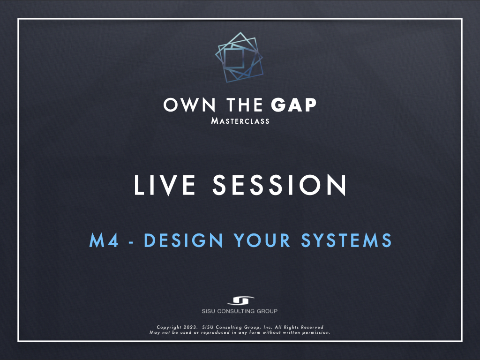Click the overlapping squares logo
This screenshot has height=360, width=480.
[x=239, y=57]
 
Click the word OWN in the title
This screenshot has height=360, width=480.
[x=189, y=105]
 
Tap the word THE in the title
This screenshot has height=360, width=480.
[x=245, y=105]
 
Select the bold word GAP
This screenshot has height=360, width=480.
[x=293, y=105]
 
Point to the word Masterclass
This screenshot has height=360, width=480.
[x=240, y=121]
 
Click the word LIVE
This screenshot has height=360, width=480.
[x=165, y=185]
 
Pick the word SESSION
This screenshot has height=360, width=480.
[x=279, y=185]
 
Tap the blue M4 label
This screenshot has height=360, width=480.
[x=104, y=240]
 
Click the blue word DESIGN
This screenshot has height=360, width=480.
[x=183, y=240]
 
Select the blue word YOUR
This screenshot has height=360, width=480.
[x=262, y=240]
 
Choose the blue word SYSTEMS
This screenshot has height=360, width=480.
[x=346, y=240]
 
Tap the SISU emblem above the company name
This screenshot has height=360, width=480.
[x=240, y=300]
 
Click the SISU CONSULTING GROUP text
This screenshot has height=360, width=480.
[x=240, y=311]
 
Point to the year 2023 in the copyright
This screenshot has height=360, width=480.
[x=190, y=327]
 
